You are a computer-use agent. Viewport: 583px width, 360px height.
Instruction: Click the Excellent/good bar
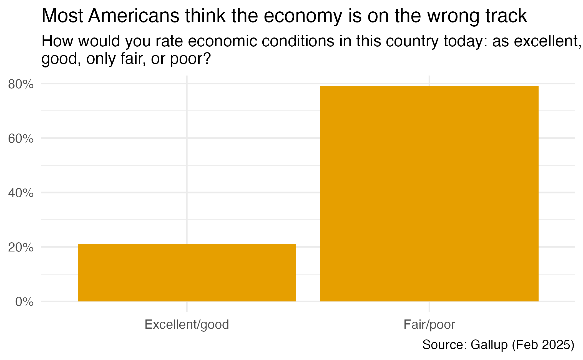point(187,273)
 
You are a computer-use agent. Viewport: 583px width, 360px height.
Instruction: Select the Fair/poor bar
point(429,194)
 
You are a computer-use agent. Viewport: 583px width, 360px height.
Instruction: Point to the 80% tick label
point(21,84)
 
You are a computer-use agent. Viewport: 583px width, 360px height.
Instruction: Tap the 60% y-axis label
point(21,139)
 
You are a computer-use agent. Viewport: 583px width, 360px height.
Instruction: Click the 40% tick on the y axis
point(21,193)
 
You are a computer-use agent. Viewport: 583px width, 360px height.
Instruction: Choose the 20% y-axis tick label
point(21,248)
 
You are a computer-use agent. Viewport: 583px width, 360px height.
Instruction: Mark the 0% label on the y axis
point(24,302)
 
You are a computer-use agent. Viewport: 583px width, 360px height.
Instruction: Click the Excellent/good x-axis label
point(187,324)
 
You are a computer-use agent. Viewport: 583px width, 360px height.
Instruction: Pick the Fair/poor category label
point(429,324)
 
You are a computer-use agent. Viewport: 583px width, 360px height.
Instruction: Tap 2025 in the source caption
point(556,345)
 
